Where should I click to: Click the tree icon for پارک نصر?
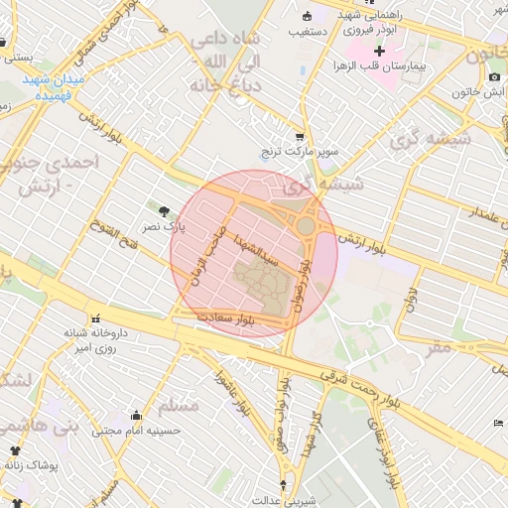pyautogui.click(x=164, y=210)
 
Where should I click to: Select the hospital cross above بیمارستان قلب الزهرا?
pyautogui.click(x=379, y=50)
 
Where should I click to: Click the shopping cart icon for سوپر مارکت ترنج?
pyautogui.click(x=300, y=137)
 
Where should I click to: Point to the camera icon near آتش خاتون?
pyautogui.click(x=494, y=77)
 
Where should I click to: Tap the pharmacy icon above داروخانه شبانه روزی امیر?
pyautogui.click(x=95, y=319)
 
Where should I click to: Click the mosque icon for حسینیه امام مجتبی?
pyautogui.click(x=135, y=415)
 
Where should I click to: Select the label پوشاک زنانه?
pyautogui.click(x=36, y=464)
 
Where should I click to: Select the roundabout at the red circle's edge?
pyautogui.click(x=306, y=226)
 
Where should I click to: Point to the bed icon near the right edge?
pyautogui.click(x=498, y=424)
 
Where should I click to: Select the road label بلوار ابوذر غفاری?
pyautogui.click(x=387, y=451)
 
